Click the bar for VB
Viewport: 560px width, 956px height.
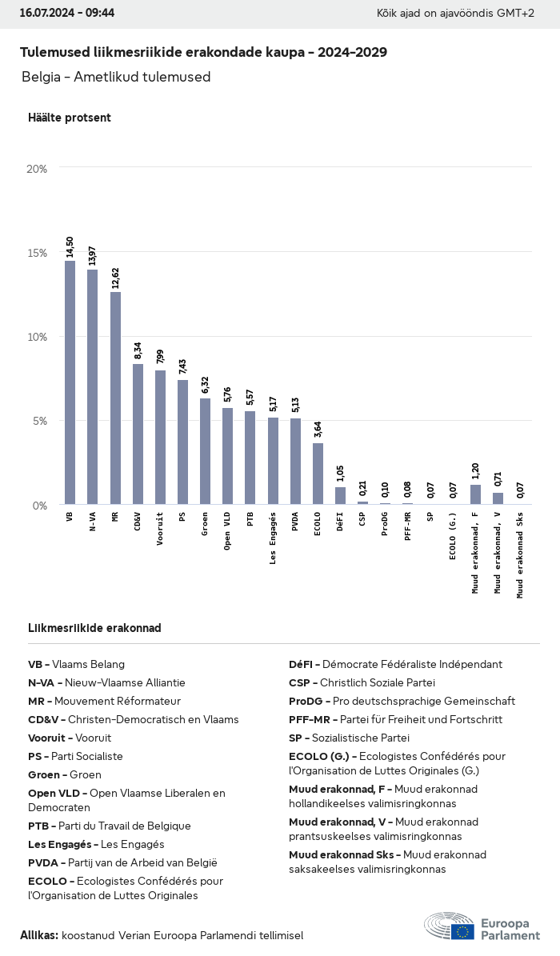70,382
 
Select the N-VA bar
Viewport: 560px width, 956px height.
93,387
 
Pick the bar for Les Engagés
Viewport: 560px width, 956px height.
273,461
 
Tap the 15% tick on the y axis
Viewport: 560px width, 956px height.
38,253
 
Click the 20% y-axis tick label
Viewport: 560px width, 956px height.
38,169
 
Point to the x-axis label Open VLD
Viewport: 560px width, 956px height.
228,530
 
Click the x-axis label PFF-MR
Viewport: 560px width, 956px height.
408,527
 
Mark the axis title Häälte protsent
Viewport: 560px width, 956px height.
70,118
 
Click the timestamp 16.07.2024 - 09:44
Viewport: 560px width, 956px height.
67,13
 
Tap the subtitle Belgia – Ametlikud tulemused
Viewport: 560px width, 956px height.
116,77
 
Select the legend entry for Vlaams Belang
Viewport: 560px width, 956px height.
77,664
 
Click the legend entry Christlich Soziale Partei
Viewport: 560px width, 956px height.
362,682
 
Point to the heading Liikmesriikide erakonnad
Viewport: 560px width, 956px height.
94,628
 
